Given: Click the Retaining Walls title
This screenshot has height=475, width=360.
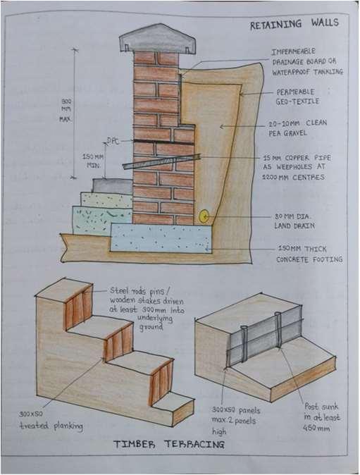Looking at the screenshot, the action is click(x=294, y=24).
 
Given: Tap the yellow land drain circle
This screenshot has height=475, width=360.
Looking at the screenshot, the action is click(x=204, y=216).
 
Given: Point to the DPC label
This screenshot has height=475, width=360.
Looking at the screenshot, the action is click(x=113, y=141).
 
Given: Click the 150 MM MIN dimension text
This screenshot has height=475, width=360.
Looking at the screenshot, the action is click(x=93, y=161).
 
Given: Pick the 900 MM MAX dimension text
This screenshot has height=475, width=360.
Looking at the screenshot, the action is click(x=66, y=110).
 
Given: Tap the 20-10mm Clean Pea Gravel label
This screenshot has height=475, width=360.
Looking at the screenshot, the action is click(x=297, y=128).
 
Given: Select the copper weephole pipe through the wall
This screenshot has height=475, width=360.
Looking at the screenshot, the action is click(x=161, y=161).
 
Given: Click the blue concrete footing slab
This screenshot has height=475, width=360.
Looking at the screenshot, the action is click(x=161, y=237).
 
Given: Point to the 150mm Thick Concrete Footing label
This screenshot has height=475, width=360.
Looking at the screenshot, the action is click(x=309, y=254).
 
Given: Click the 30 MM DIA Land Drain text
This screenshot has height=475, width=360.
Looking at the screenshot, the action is click(x=294, y=221).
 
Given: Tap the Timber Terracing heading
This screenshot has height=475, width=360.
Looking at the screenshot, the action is click(x=169, y=445).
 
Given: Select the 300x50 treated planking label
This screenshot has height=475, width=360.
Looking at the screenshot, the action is click(x=51, y=421).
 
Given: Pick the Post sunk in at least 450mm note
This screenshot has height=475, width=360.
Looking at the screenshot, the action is click(x=321, y=417).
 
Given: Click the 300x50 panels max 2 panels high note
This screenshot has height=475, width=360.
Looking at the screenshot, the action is click(x=235, y=421).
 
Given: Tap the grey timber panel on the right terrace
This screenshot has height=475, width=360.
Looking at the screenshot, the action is click(x=264, y=335).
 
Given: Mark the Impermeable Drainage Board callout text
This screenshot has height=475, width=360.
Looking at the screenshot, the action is click(x=307, y=62).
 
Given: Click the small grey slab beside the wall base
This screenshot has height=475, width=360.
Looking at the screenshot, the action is click(x=112, y=186).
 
